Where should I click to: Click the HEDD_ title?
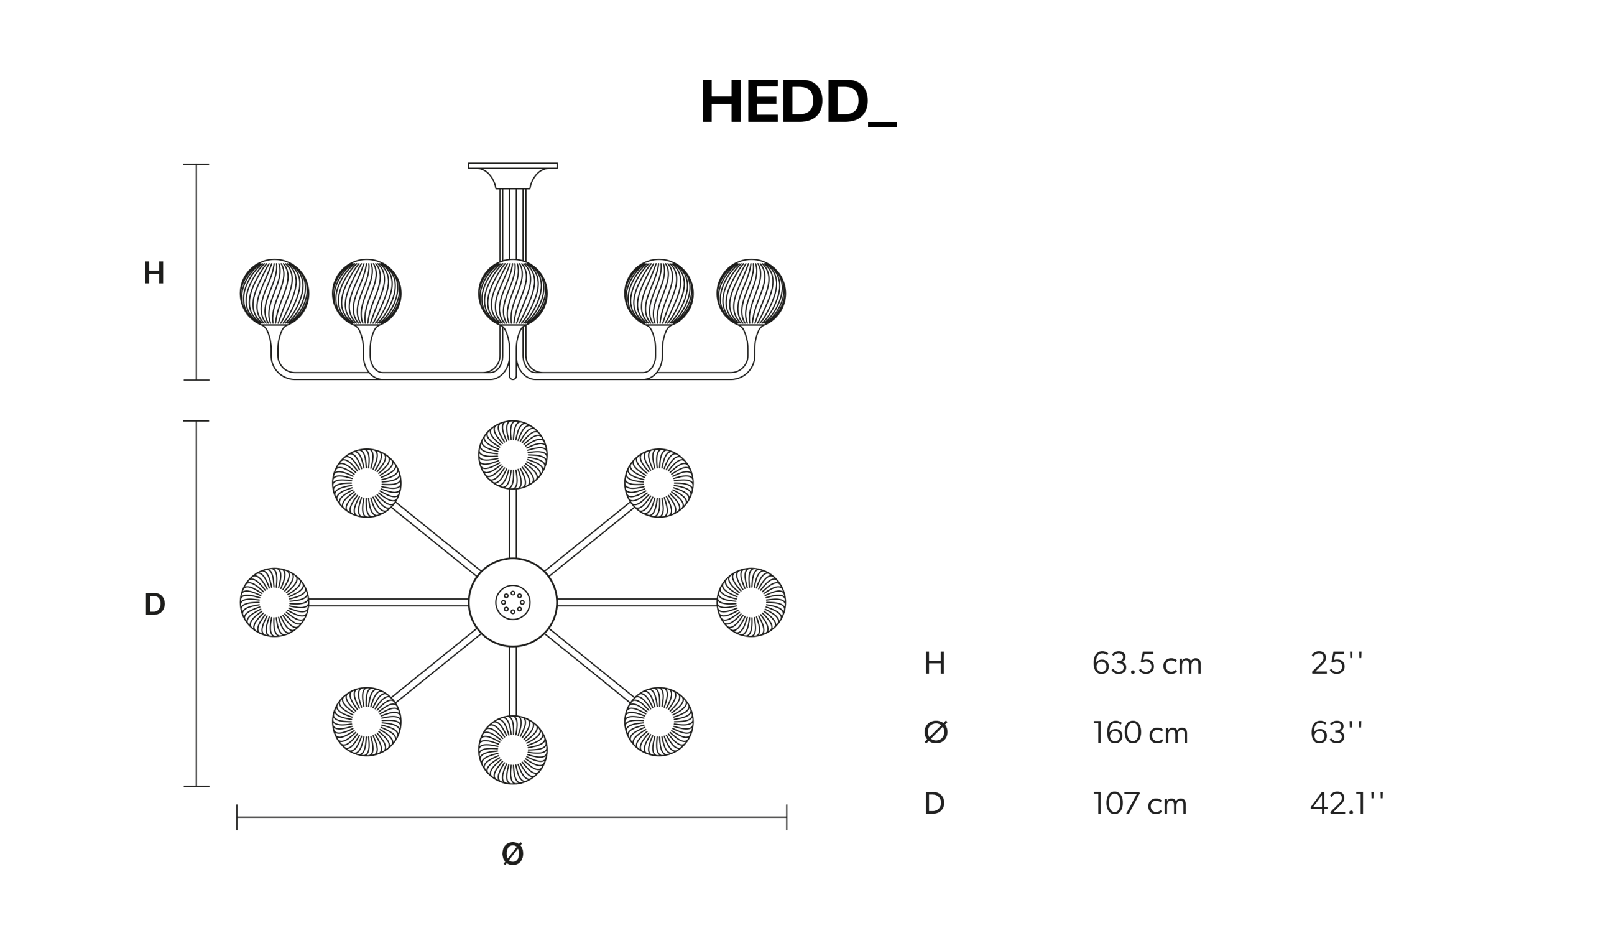798,101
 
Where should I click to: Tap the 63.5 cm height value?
1147,664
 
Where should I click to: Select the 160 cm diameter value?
1140,733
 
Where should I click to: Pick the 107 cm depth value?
1140,803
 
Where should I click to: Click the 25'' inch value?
1337,664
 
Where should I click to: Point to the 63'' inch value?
1337,733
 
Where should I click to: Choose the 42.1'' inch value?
1347,803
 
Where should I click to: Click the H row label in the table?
935,664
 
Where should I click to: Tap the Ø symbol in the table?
935,733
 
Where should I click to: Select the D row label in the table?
935,803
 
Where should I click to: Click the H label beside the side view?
154,272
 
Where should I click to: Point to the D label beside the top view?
155,604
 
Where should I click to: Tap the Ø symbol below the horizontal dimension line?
512,853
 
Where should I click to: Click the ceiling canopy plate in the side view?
512,166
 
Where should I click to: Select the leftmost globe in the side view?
275,293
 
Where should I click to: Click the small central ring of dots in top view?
513,603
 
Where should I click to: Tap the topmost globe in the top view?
513,455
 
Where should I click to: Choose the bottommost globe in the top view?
513,750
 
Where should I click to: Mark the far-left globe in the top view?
275,603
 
